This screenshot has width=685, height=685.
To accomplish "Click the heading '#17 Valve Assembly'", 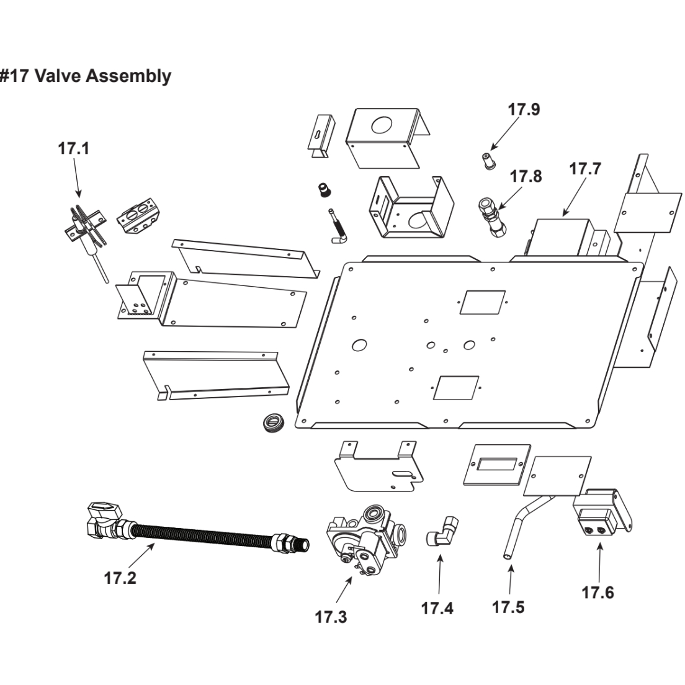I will [86, 76].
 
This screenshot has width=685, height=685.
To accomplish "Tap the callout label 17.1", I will [74, 149].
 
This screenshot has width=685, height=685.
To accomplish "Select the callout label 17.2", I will [120, 578].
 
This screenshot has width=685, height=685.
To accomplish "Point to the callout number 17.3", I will [331, 617].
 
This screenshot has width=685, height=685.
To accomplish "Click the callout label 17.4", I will [437, 608].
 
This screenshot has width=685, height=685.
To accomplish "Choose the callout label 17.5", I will [508, 606].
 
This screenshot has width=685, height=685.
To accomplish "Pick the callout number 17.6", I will [598, 593].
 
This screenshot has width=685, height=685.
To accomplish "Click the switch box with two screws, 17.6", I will [599, 513].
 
